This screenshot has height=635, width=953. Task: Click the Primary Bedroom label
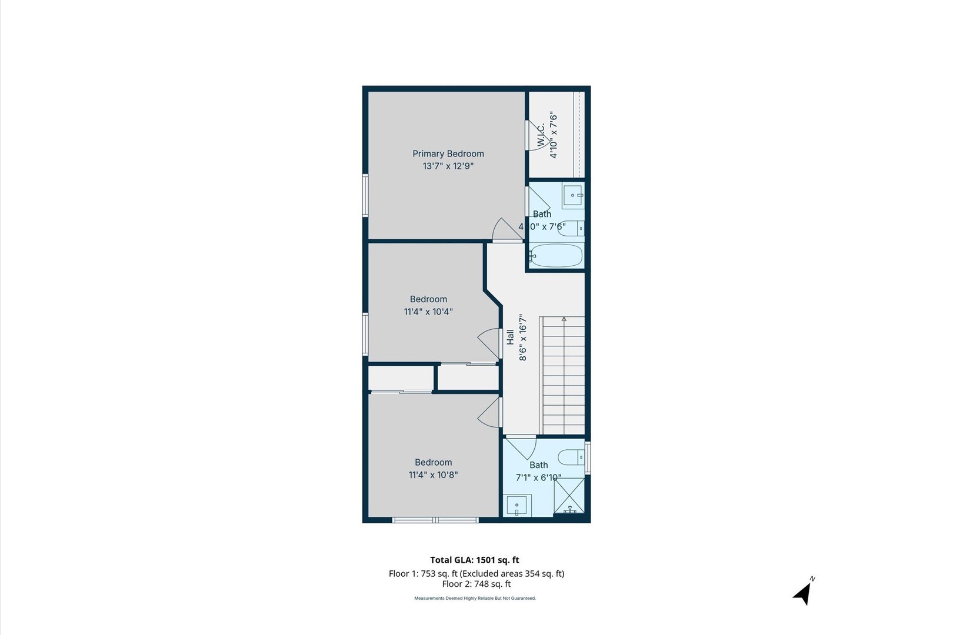coord(448,153)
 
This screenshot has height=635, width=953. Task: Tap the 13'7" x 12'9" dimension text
coord(448,166)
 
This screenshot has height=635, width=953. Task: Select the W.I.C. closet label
coord(541,136)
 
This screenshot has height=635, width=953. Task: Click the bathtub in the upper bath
coord(556,256)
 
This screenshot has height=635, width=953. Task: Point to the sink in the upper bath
coord(572,195)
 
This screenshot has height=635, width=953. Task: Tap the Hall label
coord(510,337)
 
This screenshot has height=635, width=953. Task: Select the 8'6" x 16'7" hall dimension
coord(522,337)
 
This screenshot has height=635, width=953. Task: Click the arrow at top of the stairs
coord(564,319)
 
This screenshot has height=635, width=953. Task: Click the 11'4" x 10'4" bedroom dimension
coord(428,312)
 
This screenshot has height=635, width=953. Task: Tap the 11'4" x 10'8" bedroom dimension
coord(433,475)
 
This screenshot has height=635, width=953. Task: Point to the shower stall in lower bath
coord(569,496)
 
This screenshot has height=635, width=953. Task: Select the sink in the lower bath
coord(517,506)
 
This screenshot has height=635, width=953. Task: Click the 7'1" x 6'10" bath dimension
coord(538,477)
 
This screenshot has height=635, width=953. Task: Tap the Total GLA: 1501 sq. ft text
coord(474,560)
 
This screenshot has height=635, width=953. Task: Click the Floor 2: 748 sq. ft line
coord(476,584)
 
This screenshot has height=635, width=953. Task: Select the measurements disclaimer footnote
coord(475,599)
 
